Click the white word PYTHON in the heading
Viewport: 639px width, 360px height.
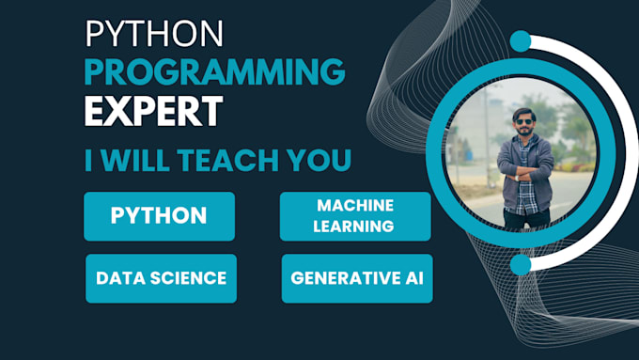[x=154, y=34]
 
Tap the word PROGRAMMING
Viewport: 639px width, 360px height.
[x=215, y=71]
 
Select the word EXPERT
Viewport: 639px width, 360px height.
[x=153, y=111]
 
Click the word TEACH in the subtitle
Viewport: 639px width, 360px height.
[x=228, y=160]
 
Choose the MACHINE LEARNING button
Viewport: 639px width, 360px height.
[x=355, y=216]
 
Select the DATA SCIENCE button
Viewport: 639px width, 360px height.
[x=161, y=278]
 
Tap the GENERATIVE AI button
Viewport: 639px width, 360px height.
[x=357, y=278]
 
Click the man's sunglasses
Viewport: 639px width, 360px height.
[x=523, y=121]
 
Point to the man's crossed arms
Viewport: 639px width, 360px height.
[x=525, y=172]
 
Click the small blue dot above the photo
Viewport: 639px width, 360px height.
[x=521, y=41]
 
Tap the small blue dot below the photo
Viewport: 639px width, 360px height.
[x=521, y=264]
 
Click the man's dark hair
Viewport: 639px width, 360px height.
[x=523, y=113]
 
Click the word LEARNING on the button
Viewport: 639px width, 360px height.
[x=353, y=227]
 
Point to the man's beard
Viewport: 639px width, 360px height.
[x=524, y=131]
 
